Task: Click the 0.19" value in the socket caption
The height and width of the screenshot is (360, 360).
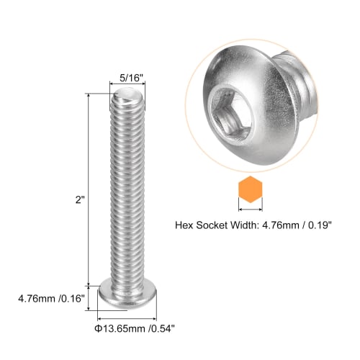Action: (x=319, y=225)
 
